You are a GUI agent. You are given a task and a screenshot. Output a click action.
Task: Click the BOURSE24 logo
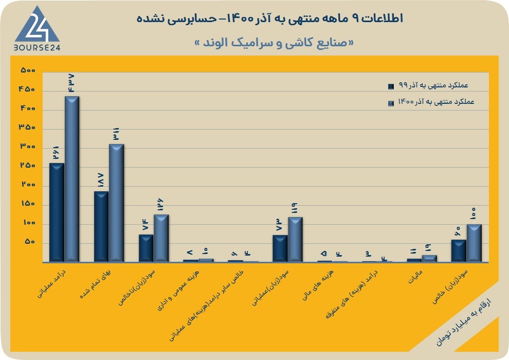click(37, 29)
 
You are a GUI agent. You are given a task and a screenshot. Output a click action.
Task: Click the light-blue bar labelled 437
click(72, 179)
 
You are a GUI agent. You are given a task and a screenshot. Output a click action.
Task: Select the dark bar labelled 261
click(57, 212)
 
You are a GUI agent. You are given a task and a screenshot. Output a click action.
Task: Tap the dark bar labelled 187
click(101, 226)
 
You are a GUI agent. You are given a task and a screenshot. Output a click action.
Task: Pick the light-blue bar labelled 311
click(116, 203)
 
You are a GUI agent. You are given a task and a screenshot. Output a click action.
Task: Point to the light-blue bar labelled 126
click(161, 238)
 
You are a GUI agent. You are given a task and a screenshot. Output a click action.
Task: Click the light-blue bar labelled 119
click(295, 239)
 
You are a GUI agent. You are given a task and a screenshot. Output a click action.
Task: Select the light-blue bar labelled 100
click(474, 243)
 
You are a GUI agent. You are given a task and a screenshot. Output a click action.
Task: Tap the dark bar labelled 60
click(459, 250)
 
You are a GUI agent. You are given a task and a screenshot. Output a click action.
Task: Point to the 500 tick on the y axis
click(28, 70)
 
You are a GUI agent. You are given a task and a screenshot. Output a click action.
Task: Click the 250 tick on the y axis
click(28, 166)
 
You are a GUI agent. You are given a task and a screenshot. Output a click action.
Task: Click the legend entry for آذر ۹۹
click(428, 86)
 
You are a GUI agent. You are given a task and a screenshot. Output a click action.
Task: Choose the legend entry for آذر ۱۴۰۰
click(431, 102)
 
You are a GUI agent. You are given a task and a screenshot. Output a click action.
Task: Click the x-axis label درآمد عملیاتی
click(52, 283)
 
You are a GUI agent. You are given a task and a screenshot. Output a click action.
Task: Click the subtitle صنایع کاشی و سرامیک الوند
click(274, 43)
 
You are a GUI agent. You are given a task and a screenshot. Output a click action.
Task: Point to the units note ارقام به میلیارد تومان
click(463, 322)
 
